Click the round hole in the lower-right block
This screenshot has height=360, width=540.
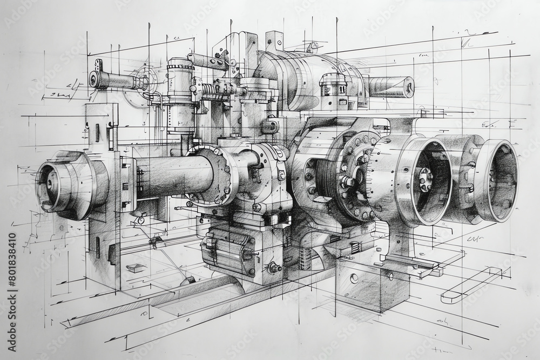[354, 279]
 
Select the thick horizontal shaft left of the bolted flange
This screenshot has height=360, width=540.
[173, 174]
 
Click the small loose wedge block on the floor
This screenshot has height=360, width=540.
[134, 268]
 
